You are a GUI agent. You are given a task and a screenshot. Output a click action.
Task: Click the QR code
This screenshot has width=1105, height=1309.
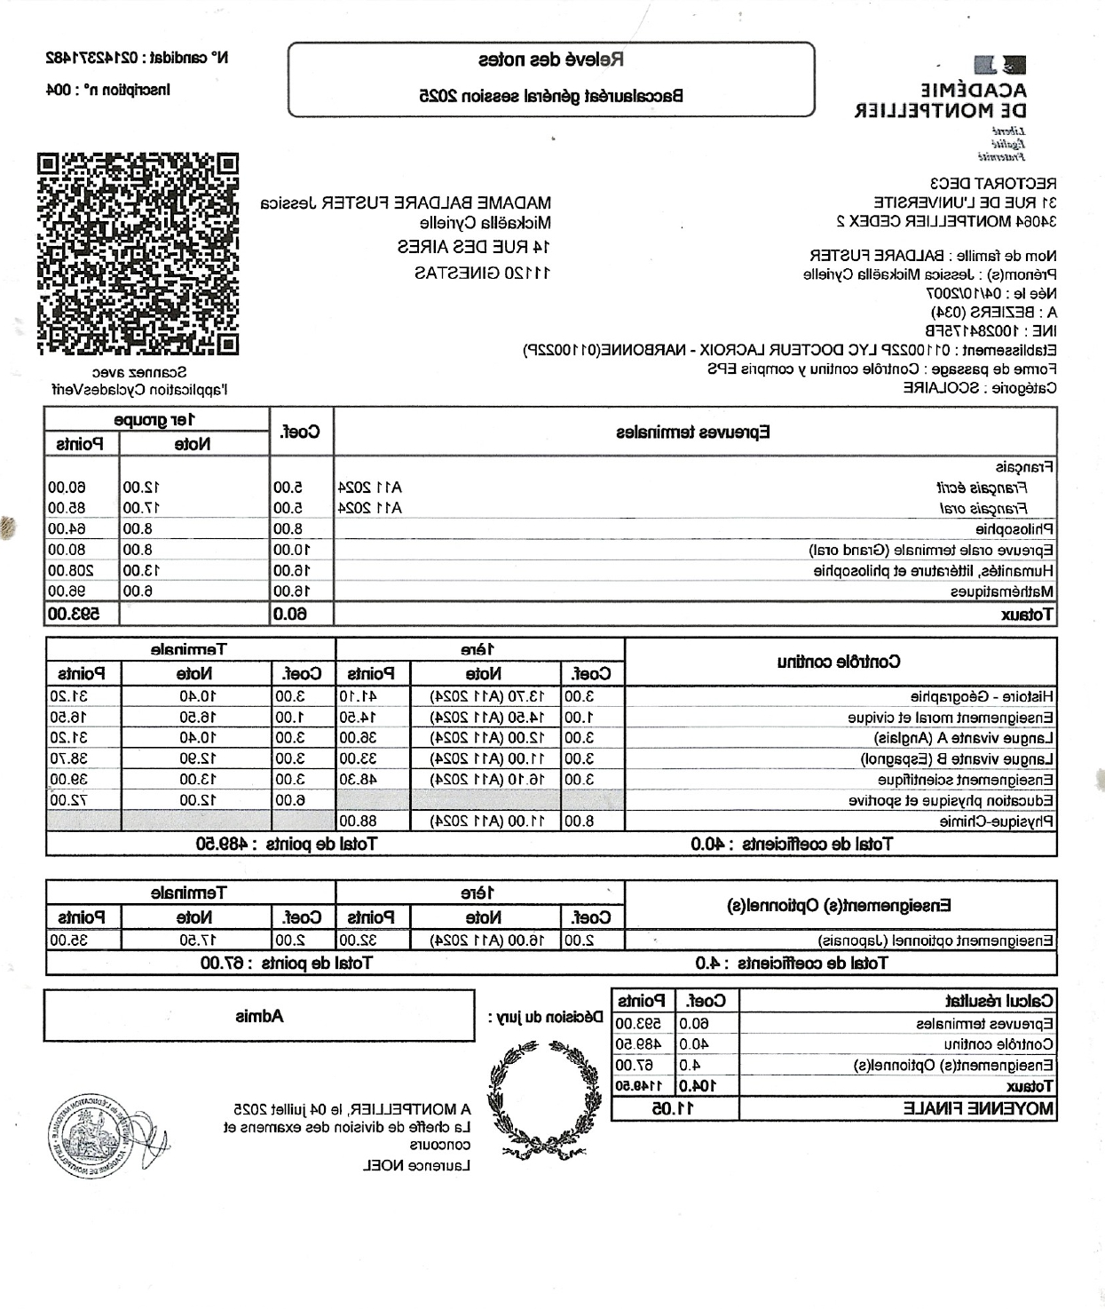tap(138, 254)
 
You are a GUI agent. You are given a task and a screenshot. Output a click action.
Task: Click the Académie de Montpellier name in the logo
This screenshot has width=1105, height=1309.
tap(941, 100)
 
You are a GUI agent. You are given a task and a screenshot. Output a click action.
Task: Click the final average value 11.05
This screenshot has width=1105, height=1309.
tap(675, 1108)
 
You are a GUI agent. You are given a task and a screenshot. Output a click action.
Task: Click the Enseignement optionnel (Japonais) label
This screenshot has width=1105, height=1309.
tap(936, 940)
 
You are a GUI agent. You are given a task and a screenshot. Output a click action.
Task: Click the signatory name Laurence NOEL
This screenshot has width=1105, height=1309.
tap(417, 1165)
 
